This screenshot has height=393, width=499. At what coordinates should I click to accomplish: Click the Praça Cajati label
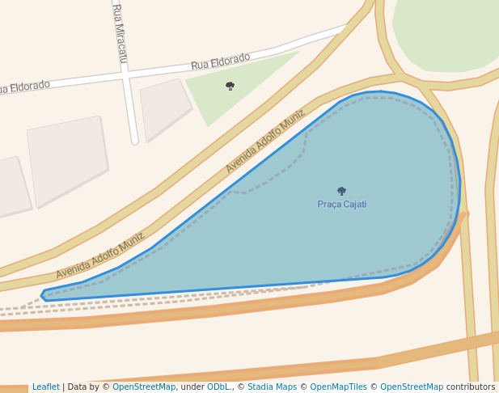[341, 205]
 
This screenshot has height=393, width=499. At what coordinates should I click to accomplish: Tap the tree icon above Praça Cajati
[341, 192]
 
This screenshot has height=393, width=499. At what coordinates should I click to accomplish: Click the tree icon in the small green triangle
[230, 86]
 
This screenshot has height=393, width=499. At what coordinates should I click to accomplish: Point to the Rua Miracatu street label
[120, 32]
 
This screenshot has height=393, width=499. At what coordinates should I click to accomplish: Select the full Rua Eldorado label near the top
[220, 61]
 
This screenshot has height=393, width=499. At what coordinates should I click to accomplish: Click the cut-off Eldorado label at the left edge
[24, 87]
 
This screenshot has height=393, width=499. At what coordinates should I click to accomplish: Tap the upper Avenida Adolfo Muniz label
[264, 142]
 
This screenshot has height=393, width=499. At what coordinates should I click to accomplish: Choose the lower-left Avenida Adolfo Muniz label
[99, 256]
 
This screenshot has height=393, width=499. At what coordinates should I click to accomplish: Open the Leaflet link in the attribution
[45, 387]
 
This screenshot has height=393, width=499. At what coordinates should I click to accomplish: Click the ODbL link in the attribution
[219, 387]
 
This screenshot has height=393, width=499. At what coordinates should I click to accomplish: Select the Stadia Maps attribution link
[272, 387]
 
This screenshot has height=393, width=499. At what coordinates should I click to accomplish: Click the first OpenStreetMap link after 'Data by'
[144, 387]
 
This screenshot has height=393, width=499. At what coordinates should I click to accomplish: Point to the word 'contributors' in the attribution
[471, 387]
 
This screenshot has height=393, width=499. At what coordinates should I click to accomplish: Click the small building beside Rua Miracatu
[165, 108]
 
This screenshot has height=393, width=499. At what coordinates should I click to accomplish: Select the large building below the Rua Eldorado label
[68, 158]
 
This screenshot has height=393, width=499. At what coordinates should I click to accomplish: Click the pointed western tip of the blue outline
[43, 294]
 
